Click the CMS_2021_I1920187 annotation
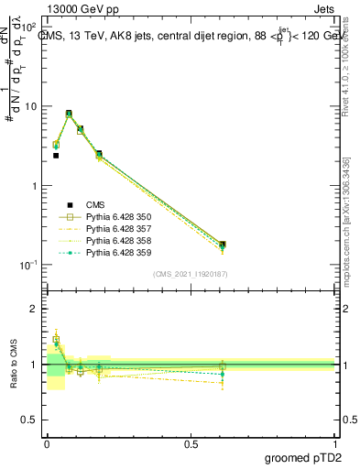coord(191,273)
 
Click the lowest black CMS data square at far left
coord(56,156)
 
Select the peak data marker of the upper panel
coord(69,114)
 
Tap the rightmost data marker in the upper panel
coord(223,245)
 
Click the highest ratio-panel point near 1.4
coord(56,339)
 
